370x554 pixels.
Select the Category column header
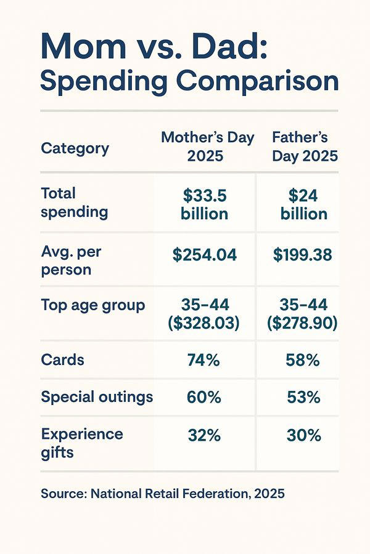(x=75, y=148)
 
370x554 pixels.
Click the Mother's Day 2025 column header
(x=207, y=147)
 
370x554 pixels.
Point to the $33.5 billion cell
(x=205, y=204)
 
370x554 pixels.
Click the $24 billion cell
(x=304, y=204)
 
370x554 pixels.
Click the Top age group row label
(x=93, y=305)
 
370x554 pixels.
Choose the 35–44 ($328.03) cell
(x=205, y=314)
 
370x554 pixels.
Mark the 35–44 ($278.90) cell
(x=303, y=314)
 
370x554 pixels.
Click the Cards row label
(x=62, y=359)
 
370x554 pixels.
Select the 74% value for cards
(x=203, y=360)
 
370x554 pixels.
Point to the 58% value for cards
(x=303, y=360)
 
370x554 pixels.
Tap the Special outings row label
(x=97, y=397)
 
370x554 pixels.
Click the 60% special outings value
(x=204, y=398)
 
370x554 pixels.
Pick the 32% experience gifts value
(x=204, y=436)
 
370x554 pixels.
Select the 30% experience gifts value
(x=304, y=436)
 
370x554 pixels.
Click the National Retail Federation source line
(x=163, y=493)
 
